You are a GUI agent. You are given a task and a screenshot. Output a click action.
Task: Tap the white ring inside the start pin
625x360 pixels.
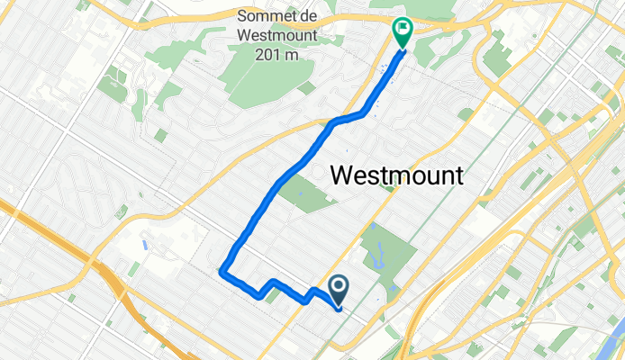[339, 287]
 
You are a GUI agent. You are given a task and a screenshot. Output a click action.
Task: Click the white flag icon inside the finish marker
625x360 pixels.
[402, 29]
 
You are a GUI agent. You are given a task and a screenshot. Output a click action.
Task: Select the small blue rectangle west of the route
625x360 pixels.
[145, 245]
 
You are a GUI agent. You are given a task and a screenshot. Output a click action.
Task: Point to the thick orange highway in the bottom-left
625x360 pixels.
[126, 297]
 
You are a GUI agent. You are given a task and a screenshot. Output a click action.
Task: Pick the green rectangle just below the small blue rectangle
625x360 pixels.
[132, 268]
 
